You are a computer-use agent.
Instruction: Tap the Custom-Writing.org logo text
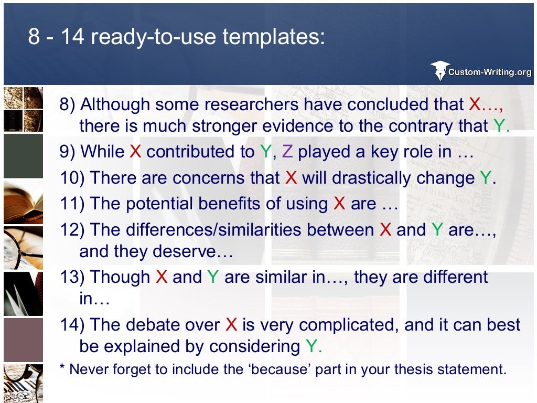tap(490, 72)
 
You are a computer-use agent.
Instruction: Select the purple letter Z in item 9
tap(287, 152)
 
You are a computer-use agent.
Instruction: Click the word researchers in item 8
tap(253, 105)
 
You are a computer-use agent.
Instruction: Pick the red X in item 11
tap(339, 204)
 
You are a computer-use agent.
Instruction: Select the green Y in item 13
tap(212, 277)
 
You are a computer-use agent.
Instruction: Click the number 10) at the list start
tap(72, 178)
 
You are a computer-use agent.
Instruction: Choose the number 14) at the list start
tap(72, 325)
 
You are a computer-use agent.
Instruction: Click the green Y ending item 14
tap(312, 346)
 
